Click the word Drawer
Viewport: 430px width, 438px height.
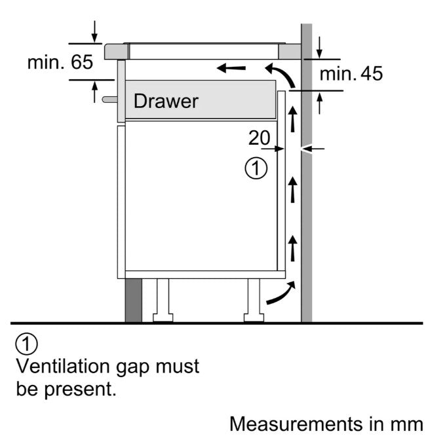[x=165, y=101]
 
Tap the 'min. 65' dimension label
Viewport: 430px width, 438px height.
[x=60, y=63]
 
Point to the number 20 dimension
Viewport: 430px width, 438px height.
[x=260, y=137]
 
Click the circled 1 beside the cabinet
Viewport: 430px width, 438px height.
[x=256, y=169]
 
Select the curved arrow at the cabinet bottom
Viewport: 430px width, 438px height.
[x=281, y=293]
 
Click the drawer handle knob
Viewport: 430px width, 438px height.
[x=109, y=99]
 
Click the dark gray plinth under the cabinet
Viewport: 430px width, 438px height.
[x=134, y=301]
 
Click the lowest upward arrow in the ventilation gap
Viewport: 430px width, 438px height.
[x=293, y=249]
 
